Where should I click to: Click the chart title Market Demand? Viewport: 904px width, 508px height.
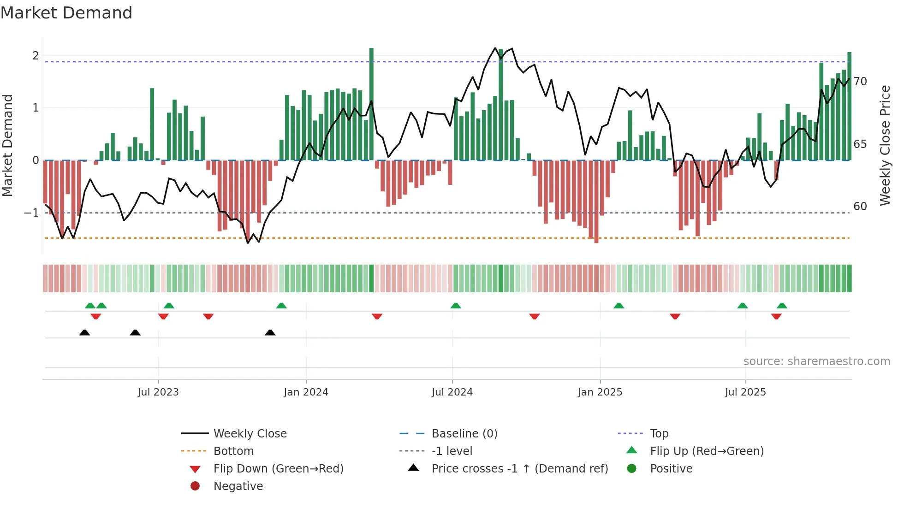pos(66,13)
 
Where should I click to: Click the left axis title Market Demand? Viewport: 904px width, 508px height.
pos(8,145)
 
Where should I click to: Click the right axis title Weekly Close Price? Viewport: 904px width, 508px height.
pos(885,145)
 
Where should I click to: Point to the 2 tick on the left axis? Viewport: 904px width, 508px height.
pos(36,56)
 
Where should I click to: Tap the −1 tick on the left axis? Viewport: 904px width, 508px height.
pos(32,213)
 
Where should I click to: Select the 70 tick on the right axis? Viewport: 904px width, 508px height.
pos(860,82)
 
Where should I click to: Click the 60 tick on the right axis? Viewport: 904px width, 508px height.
pos(860,207)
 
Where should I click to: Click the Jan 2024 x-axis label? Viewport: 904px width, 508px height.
pos(306,392)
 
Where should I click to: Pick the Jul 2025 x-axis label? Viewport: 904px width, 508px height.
pos(745,392)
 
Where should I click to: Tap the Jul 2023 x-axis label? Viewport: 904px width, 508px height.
pos(158,392)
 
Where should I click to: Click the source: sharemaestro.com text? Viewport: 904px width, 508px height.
pos(816,361)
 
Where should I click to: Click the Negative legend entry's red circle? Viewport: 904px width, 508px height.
pos(195,486)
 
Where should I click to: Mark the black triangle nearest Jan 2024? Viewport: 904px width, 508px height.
pos(270,333)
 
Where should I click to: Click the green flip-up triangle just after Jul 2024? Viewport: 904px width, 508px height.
pos(456,306)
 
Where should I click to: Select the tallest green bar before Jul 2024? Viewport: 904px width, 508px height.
pos(371,104)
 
